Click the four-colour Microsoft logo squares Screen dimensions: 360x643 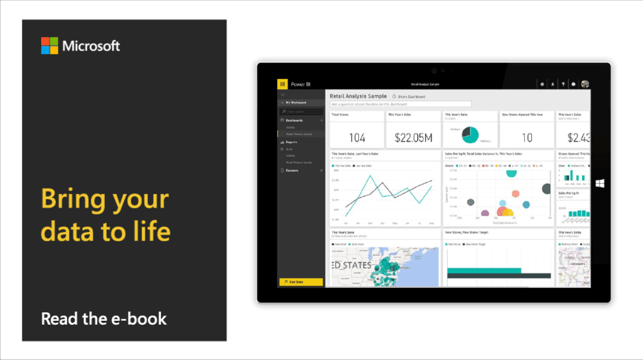pyautogui.click(x=50, y=46)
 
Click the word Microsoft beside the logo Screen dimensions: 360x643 pyautogui.click(x=91, y=46)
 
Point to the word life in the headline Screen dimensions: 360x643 pyautogui.click(x=149, y=230)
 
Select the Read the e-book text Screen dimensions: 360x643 pyautogui.click(x=104, y=318)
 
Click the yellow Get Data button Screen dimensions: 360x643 pyautogui.click(x=300, y=282)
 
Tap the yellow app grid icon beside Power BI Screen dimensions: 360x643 pyautogui.click(x=282, y=84)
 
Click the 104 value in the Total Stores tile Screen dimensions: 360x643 pyautogui.click(x=357, y=138)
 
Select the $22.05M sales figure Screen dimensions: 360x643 pyautogui.click(x=413, y=138)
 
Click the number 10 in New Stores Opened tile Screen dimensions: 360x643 pyautogui.click(x=527, y=138)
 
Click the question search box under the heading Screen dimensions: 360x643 pyautogui.click(x=401, y=104)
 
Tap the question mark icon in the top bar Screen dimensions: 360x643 pyautogui.click(x=563, y=84)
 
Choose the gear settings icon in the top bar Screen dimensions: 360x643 pyautogui.click(x=543, y=84)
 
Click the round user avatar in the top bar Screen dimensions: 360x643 pyautogui.click(x=584, y=84)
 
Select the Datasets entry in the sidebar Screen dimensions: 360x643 pyautogui.click(x=293, y=170)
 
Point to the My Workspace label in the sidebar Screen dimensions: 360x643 pyautogui.click(x=296, y=102)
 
